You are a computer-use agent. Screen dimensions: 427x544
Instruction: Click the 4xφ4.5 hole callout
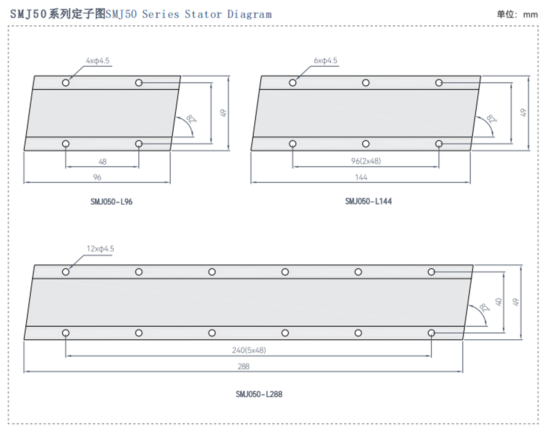click(98, 61)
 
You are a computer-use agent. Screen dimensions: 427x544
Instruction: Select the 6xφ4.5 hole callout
click(325, 61)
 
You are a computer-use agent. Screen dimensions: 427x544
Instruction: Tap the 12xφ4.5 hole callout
click(100, 249)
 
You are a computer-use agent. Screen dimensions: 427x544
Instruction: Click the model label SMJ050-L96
click(112, 202)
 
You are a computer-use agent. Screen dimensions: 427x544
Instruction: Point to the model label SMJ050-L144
click(368, 201)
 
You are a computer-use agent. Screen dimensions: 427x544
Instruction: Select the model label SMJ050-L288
click(259, 394)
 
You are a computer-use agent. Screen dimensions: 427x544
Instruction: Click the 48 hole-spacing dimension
click(102, 162)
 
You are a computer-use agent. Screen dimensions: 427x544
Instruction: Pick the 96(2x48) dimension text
click(366, 161)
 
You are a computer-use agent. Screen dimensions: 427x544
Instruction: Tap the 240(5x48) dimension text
click(249, 350)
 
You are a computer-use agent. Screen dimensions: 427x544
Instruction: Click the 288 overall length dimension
click(244, 366)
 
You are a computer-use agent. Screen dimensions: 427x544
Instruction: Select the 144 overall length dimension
click(361, 177)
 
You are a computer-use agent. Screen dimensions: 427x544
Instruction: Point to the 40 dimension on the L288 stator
click(499, 302)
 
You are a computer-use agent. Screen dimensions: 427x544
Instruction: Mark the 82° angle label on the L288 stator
click(485, 308)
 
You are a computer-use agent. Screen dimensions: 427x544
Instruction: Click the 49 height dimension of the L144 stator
click(523, 113)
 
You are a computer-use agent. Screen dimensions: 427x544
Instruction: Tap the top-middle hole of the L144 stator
click(366, 83)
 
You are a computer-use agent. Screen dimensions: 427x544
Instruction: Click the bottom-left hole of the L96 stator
click(66, 144)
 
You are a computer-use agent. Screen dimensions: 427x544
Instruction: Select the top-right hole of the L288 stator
click(431, 272)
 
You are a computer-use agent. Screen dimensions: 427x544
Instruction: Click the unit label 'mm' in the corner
click(530, 15)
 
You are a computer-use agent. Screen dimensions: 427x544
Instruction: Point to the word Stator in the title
click(203, 14)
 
